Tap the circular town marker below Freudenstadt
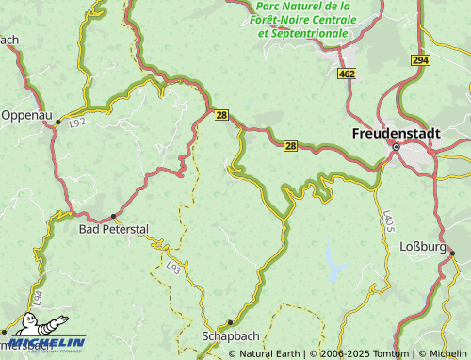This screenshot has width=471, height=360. [397, 148]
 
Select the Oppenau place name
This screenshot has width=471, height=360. [25, 115]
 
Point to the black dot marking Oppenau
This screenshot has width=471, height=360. [57, 122]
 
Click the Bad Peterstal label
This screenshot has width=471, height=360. [113, 229]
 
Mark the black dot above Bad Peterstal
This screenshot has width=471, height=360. [114, 216]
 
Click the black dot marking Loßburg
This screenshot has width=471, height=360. [451, 252]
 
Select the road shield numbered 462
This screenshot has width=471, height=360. [348, 73]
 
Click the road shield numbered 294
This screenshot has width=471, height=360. [419, 59]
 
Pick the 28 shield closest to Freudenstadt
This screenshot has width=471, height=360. [290, 145]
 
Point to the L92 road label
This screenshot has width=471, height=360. [77, 123]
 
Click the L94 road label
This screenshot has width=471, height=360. [36, 297]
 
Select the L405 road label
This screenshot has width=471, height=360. [387, 223]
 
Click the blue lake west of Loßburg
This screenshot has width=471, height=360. [335, 261]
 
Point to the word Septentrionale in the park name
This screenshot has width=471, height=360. [309, 33]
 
